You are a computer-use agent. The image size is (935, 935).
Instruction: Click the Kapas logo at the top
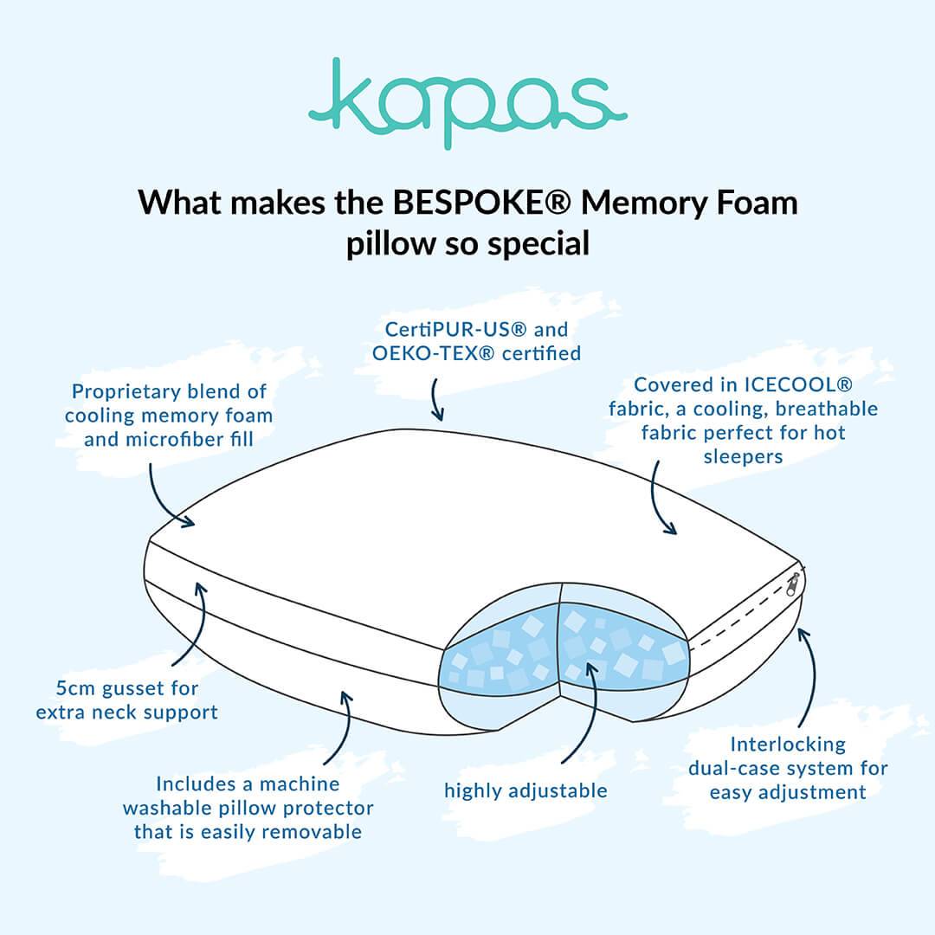point(467,102)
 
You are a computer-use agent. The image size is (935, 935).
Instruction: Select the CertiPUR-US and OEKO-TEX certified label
point(475,341)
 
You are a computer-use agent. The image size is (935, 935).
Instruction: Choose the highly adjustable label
point(526,790)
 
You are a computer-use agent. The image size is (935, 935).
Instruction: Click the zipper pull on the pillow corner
point(793,585)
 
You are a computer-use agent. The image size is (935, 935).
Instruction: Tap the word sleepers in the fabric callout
point(744,456)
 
